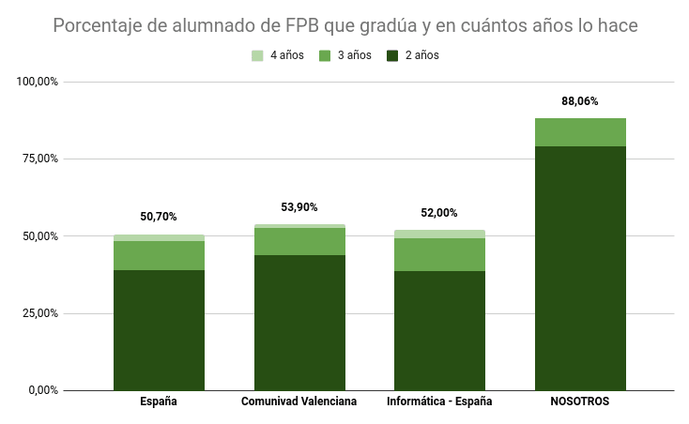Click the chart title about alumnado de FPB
point(345,25)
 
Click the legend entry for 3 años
point(345,55)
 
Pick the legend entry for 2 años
point(413,55)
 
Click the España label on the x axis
point(159,401)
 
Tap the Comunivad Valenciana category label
point(299,401)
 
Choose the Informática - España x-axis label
point(439,401)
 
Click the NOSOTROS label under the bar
point(580,401)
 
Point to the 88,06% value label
point(580,101)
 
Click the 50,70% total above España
point(159,217)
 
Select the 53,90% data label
point(299,207)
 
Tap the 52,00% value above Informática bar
point(439,213)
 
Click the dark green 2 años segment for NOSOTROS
point(580,267)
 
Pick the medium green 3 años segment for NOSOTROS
point(580,132)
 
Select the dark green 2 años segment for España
point(159,330)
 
